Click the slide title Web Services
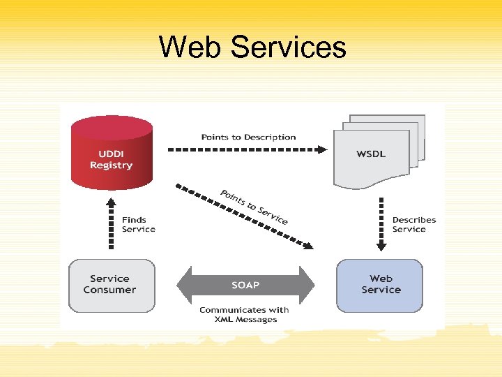click(x=252, y=47)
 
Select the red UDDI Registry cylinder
click(x=111, y=154)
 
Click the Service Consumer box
click(x=111, y=285)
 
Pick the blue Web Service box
click(x=380, y=285)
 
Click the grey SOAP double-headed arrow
click(x=245, y=285)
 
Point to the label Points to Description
click(x=248, y=137)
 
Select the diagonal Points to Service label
click(x=254, y=206)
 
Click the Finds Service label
click(x=138, y=225)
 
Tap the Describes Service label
click(x=413, y=225)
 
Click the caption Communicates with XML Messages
click(x=244, y=314)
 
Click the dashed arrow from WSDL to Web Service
click(x=381, y=223)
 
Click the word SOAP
click(x=245, y=285)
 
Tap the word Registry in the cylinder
click(x=111, y=165)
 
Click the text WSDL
click(x=371, y=154)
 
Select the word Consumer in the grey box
click(x=109, y=290)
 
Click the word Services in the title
click(x=288, y=47)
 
